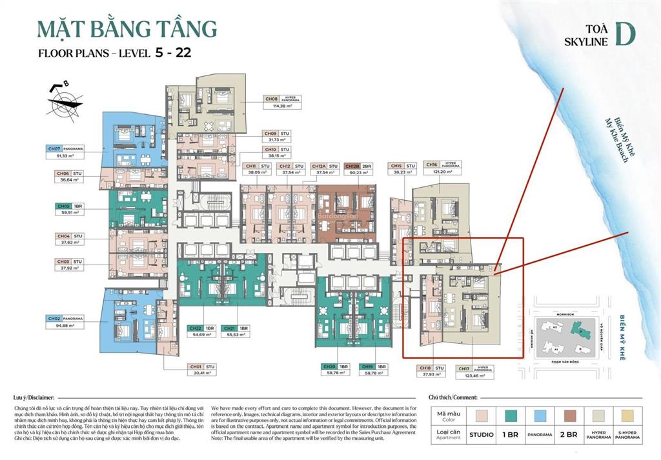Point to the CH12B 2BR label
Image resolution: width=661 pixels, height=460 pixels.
click(x=358, y=166)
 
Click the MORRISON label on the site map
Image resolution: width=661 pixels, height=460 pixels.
click(x=560, y=309)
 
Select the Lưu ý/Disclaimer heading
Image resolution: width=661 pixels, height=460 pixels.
click(x=34, y=398)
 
